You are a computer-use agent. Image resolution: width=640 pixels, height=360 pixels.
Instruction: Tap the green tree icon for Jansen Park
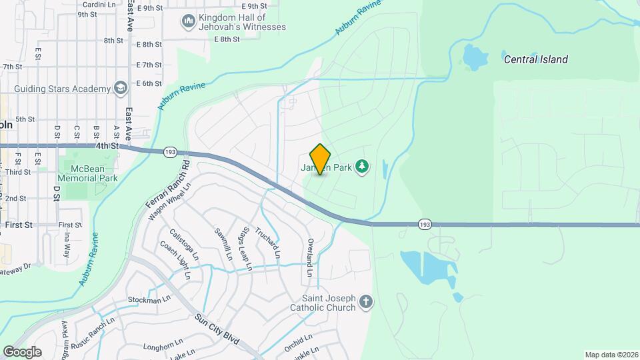click(362, 165)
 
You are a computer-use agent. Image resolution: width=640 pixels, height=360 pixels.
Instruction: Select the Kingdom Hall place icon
click(188, 22)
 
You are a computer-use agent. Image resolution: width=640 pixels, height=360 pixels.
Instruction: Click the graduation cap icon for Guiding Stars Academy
click(120, 89)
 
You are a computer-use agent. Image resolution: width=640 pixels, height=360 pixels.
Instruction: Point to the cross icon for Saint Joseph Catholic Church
click(365, 302)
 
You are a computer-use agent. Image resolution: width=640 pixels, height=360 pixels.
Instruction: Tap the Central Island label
click(535, 59)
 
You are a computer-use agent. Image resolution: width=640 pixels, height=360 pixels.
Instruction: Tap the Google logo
click(21, 352)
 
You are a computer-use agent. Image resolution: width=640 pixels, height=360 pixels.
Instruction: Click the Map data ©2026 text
click(611, 355)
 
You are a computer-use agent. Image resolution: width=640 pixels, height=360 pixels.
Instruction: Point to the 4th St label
click(106, 145)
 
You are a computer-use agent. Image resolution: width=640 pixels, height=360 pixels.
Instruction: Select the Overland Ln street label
click(309, 257)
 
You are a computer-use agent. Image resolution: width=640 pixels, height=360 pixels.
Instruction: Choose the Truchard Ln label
click(271, 243)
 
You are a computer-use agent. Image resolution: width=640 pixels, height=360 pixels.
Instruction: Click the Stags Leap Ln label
click(247, 249)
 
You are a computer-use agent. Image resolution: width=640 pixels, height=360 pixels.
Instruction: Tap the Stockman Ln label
click(145, 299)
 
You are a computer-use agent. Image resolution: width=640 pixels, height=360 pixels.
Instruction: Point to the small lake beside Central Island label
click(475, 58)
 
